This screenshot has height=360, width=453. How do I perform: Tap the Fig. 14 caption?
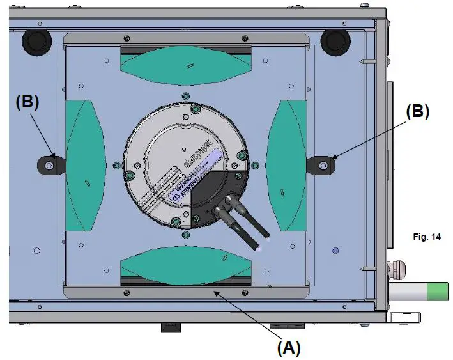coord(426,237)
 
